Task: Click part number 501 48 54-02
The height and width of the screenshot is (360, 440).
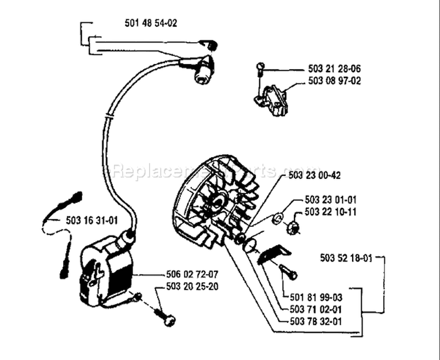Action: [x=151, y=23]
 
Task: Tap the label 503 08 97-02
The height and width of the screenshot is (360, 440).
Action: [x=334, y=81]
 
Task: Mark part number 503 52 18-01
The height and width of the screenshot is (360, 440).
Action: [x=347, y=257]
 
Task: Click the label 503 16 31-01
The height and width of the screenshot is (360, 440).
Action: [x=92, y=220]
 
